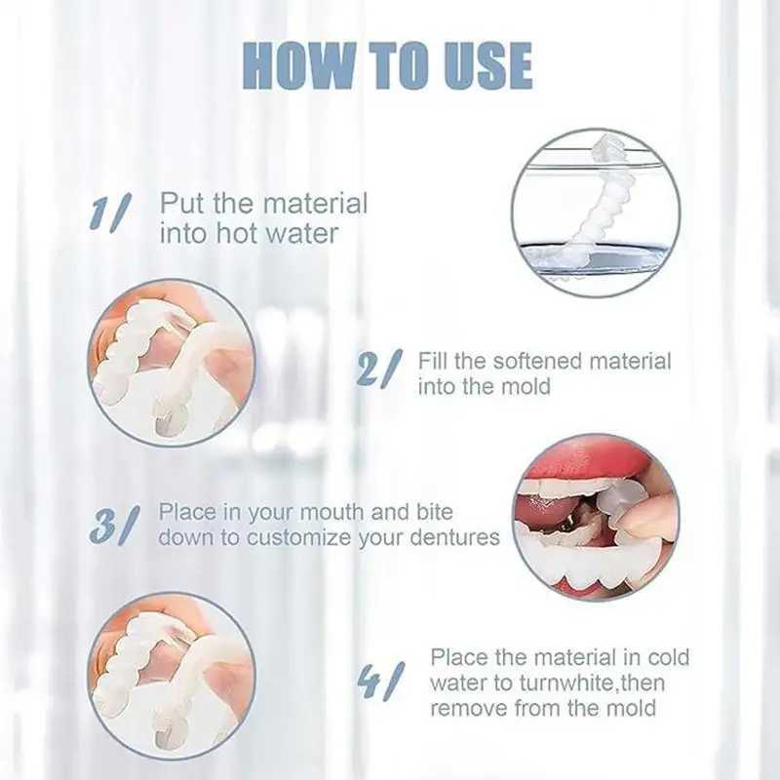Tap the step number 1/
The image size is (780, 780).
(109, 213)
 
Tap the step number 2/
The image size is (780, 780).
(379, 369)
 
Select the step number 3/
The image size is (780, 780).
(112, 526)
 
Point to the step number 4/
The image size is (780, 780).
(380, 680)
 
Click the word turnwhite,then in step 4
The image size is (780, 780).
(592, 682)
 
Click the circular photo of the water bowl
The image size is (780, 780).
(596, 213)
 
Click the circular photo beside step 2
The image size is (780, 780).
(173, 363)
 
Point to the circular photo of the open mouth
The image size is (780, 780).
(596, 518)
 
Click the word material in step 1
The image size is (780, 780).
(315, 204)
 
